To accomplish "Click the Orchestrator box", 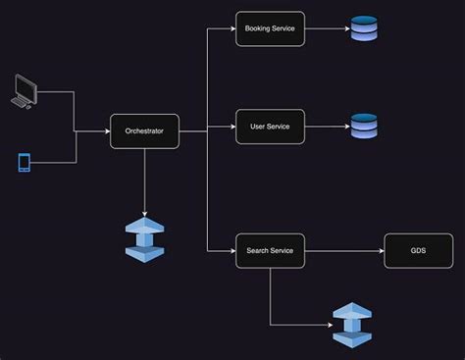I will (144, 130).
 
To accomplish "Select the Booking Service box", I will (270, 29).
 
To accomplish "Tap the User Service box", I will (270, 127).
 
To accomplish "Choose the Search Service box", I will (270, 251).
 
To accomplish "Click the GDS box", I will (418, 251).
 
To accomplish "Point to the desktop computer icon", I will (24, 90).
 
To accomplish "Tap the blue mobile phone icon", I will (25, 162).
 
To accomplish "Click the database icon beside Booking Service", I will (363, 29).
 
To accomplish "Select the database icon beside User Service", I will (363, 126).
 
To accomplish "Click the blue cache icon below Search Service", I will (352, 324).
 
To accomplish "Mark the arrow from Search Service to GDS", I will (343, 251).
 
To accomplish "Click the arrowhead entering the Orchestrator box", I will (106, 130).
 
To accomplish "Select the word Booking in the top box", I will (258, 29).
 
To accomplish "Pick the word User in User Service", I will (257, 127).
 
